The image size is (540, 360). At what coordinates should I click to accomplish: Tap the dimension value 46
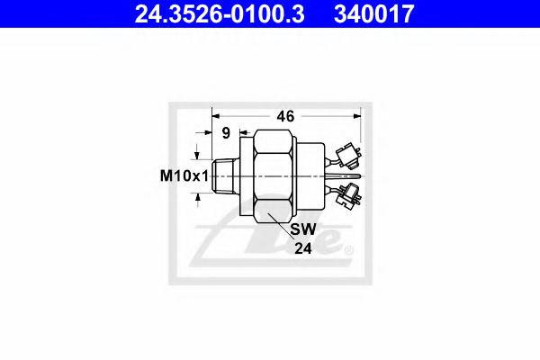(x=286, y=116)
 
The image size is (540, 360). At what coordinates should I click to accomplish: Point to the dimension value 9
(x=228, y=133)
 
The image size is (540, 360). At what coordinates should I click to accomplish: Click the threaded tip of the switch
(x=227, y=176)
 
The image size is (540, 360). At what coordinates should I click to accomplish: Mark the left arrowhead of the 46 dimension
(x=217, y=116)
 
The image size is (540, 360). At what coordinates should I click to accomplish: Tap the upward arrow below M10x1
(x=198, y=199)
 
